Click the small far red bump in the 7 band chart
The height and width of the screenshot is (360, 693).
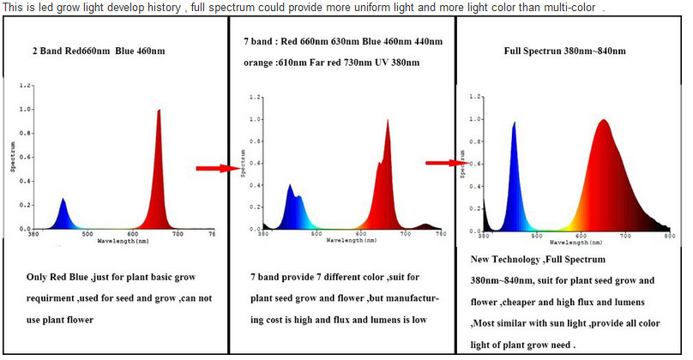pos(426,226)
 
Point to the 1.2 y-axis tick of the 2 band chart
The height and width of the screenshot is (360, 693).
pos(27,87)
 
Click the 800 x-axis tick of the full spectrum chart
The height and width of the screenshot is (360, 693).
pos(669,234)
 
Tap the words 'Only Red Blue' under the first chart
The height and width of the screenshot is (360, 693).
pos(59,279)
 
